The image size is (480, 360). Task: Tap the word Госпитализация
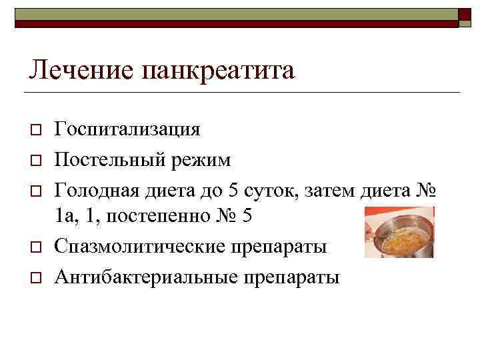pyautogui.click(x=127, y=129)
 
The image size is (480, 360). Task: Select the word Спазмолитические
pyautogui.click(x=141, y=247)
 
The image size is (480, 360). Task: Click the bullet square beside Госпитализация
pyautogui.click(x=36, y=129)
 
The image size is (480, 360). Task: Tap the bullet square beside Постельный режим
pyautogui.click(x=36, y=161)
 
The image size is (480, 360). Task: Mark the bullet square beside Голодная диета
pyautogui.click(x=36, y=191)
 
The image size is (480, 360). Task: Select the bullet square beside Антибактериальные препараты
pyautogui.click(x=36, y=276)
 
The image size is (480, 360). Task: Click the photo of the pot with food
pyautogui.click(x=400, y=233)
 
